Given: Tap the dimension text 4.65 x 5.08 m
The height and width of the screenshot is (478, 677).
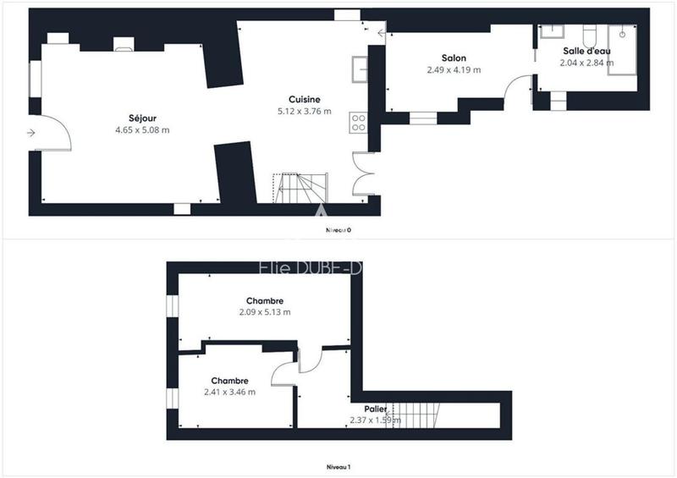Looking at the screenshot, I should tap(142, 130).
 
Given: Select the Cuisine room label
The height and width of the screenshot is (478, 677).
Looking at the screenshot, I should tap(304, 99).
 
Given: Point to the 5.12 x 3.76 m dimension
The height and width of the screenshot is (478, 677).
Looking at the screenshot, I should tap(304, 111).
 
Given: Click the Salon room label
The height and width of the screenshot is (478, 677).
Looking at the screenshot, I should tap(454, 58).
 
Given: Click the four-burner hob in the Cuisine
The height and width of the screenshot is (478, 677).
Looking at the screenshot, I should tap(359, 122).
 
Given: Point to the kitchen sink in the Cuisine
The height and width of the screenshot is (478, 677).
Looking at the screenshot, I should tap(360, 68).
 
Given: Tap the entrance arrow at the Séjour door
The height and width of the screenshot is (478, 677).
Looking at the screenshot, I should tap(31, 133).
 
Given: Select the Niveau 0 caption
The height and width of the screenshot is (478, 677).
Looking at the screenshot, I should tap(338, 230).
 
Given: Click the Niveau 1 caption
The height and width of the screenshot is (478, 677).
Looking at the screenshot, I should tap(338, 467).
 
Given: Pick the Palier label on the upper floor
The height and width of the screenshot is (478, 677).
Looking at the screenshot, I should tap(375, 409).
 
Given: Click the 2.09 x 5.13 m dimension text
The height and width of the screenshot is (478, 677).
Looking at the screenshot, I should tap(264, 312).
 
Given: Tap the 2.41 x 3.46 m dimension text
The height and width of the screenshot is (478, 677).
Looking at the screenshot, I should tap(229, 392).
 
